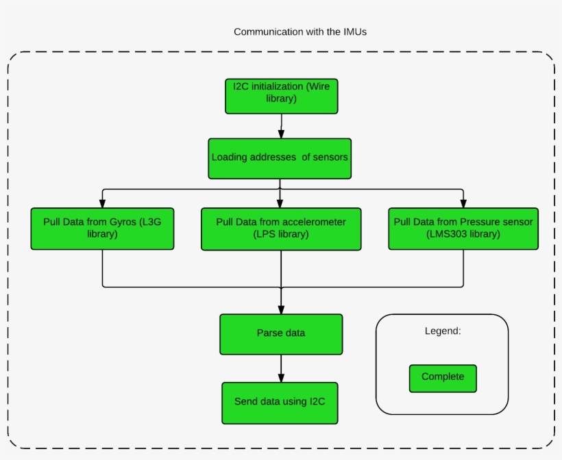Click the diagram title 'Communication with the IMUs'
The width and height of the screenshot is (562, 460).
tap(304, 31)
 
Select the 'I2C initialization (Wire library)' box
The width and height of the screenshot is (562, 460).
tap(282, 96)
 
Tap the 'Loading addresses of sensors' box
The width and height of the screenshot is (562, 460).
tap(280, 157)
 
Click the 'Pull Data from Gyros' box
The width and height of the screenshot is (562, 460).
tap(102, 229)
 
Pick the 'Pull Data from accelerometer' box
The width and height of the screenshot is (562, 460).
tap(281, 229)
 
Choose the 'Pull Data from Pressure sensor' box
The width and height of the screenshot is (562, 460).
tap(463, 229)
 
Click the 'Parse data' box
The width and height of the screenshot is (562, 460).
tap(281, 333)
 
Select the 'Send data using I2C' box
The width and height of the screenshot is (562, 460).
tap(280, 402)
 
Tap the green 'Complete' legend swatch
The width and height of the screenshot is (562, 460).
tap(443, 378)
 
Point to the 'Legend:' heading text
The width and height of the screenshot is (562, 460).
tap(443, 331)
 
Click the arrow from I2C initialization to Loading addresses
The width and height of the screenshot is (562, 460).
tap(281, 126)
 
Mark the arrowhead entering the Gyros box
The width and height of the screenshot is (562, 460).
tap(102, 203)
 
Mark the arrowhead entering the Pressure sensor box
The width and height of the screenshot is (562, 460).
tap(463, 203)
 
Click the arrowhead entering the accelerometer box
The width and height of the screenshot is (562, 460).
tap(280, 203)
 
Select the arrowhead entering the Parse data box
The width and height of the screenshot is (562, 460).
tap(281, 309)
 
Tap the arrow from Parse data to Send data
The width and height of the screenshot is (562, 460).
tap(281, 369)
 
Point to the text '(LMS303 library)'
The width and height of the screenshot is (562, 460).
tap(463, 234)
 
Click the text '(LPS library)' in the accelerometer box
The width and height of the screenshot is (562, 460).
tap(281, 234)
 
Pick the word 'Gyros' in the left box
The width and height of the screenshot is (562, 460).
tap(123, 222)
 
